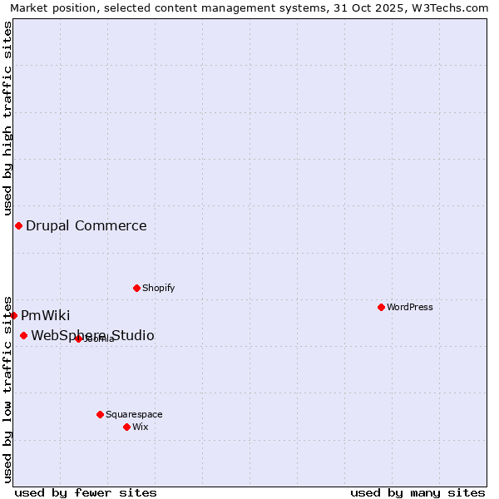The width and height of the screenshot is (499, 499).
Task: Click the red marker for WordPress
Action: coord(381,307)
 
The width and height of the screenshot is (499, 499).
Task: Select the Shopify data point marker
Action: coord(136,288)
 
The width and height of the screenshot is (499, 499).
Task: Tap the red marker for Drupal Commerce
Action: coord(18,225)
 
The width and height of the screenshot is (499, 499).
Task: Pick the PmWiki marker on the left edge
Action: coord(13,315)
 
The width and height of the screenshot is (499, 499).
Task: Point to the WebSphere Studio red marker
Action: coord(23,335)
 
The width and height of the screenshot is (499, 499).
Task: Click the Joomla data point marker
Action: coord(78,338)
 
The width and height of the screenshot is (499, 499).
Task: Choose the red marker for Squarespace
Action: coord(100,414)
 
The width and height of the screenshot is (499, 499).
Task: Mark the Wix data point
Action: coord(126,427)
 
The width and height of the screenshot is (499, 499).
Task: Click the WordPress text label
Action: coord(410,307)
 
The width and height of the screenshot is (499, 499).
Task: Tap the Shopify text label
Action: coord(159,288)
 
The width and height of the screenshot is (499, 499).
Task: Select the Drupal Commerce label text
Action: coord(86,225)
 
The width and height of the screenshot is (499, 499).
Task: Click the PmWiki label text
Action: coord(46,315)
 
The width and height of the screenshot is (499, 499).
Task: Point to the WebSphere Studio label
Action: coord(93,335)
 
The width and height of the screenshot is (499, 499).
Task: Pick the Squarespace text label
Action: coord(135,414)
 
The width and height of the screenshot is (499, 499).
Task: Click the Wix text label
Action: coord(141,427)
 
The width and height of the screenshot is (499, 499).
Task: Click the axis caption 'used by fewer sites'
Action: coord(86,492)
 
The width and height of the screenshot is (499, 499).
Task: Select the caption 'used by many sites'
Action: coord(417,492)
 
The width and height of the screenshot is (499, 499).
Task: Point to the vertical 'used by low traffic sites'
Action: coord(7,388)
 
